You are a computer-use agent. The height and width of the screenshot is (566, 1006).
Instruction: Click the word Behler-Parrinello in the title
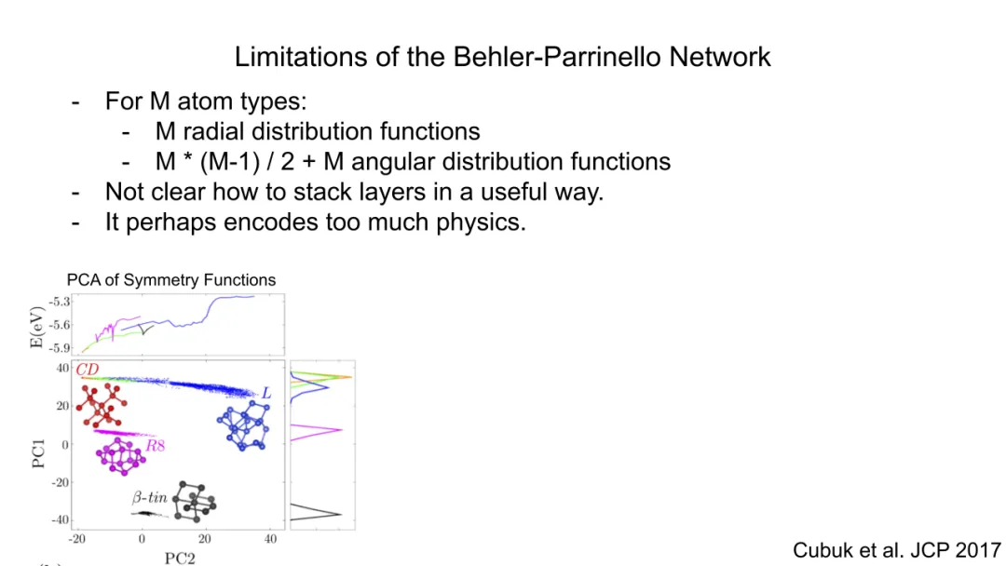tap(557, 57)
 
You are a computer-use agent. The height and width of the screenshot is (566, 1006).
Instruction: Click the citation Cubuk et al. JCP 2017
tap(897, 550)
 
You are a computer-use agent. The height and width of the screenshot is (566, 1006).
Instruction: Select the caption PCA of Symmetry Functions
tap(171, 280)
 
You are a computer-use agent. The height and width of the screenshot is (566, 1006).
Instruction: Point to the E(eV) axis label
tap(36, 328)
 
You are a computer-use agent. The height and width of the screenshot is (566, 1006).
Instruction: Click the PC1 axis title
tap(38, 453)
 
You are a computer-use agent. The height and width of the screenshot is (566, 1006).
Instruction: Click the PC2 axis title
tap(180, 559)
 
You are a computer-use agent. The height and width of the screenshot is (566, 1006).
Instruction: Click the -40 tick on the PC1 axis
tap(60, 519)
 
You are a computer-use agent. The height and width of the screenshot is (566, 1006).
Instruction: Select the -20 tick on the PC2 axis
tap(77, 539)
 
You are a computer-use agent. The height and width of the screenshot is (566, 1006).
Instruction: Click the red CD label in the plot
tap(88, 370)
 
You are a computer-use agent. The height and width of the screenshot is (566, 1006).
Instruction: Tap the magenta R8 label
tap(156, 446)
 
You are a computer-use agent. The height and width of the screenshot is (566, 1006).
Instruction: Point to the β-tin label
tap(149, 497)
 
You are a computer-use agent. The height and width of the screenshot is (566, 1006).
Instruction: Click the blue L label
tap(266, 394)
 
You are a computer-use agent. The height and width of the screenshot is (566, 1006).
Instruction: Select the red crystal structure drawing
tap(102, 405)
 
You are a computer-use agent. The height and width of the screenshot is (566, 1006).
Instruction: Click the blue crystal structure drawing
tap(244, 425)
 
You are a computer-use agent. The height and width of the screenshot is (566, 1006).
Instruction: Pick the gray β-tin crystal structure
tap(195, 501)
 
